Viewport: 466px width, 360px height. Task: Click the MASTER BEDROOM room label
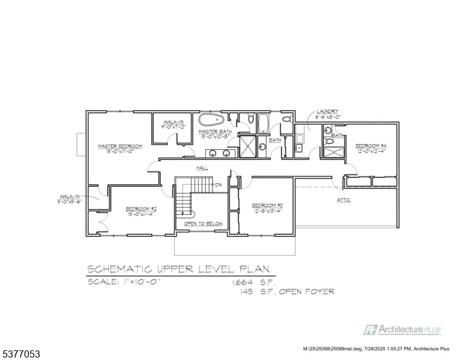coord(120,146)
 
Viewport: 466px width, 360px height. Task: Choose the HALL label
coord(201,168)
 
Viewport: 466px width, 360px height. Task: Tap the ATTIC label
coord(343,200)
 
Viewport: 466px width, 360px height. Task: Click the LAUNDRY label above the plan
coord(328,112)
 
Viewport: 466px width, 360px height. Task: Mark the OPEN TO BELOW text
coord(203,224)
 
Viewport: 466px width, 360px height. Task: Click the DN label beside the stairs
coord(219,184)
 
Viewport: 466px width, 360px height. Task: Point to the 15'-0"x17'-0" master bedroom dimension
coord(120,152)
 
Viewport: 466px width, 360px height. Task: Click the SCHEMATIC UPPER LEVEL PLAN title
coord(178,269)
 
